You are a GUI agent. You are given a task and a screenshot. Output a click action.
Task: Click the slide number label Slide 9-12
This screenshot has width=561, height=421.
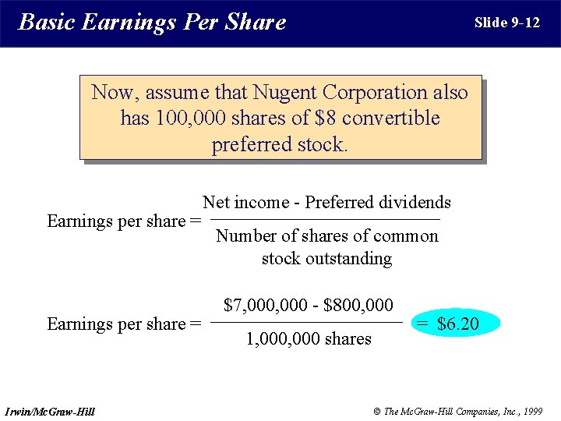506,23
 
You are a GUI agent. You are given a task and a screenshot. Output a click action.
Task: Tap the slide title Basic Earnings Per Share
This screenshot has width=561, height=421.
152,22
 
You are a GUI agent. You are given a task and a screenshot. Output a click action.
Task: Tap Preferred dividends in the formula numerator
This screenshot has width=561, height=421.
378,203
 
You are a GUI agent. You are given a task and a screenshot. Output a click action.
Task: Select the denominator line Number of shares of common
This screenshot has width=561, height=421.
326,236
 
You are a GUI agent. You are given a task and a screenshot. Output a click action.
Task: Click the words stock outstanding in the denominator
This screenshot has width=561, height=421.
326,258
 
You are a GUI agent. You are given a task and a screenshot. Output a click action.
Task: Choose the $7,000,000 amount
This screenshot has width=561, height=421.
265,305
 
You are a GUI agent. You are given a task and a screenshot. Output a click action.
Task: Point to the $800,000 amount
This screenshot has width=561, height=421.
358,305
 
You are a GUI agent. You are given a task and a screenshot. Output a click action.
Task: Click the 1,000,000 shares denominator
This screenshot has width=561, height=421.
309,339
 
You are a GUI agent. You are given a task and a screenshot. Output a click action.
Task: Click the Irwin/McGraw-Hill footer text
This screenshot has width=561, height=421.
50,411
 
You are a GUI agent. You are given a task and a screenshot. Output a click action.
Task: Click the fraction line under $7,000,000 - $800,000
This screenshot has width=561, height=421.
307,322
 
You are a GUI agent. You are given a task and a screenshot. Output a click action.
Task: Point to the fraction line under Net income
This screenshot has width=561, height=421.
326,220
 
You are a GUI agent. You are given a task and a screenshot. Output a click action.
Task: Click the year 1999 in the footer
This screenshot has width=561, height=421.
531,411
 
